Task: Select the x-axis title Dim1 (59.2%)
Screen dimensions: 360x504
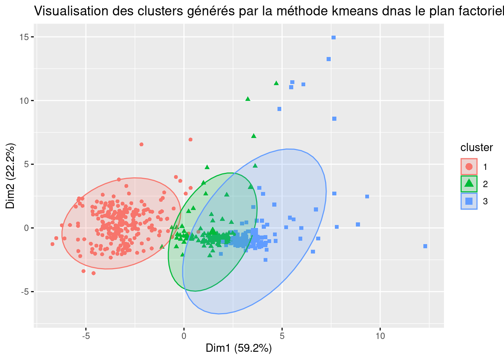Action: [238, 348]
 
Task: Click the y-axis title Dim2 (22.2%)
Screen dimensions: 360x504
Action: [10, 176]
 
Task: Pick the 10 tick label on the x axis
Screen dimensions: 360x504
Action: [380, 336]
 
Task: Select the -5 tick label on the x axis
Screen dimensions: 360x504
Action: [85, 336]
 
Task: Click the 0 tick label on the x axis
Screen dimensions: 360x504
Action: [184, 336]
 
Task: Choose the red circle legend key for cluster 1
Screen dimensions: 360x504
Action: [469, 166]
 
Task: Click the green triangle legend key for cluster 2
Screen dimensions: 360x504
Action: [469, 184]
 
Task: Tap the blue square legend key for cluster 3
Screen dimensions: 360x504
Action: [469, 201]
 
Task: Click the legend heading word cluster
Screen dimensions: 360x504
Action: [476, 148]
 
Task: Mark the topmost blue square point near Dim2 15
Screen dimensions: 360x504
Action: [333, 37]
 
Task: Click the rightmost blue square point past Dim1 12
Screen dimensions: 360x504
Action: [425, 246]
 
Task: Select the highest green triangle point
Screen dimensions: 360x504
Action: [276, 83]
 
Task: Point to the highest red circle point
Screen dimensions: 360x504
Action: [190, 139]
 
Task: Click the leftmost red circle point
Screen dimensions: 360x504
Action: [52, 244]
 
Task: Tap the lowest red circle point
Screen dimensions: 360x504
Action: [93, 273]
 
